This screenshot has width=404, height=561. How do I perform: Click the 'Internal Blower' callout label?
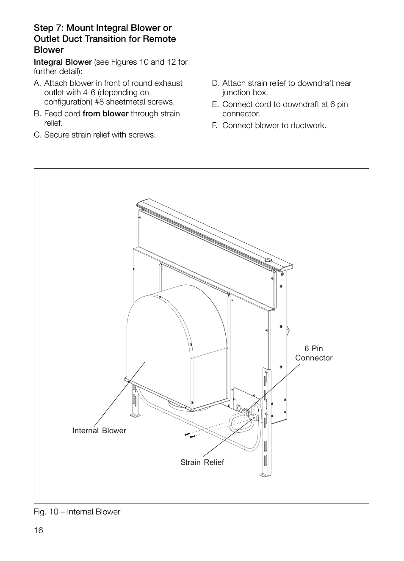pos(99,431)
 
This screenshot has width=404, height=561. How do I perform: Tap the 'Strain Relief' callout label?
pos(202,462)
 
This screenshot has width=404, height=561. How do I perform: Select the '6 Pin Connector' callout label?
pos(313,353)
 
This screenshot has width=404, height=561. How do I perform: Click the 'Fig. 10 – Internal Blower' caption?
pos(77,512)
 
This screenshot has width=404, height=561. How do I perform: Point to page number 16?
pos(39,531)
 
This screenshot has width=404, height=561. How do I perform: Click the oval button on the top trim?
pos(268,261)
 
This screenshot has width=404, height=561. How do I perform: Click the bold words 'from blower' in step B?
pos(105,114)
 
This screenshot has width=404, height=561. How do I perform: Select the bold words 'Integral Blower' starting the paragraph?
pos(63,62)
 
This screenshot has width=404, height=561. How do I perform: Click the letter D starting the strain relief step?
pos(215,83)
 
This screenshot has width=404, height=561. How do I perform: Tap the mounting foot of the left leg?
pos(135,416)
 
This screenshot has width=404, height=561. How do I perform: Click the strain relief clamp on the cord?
pos(249,416)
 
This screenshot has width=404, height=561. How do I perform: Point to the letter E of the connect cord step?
pos(215,104)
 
